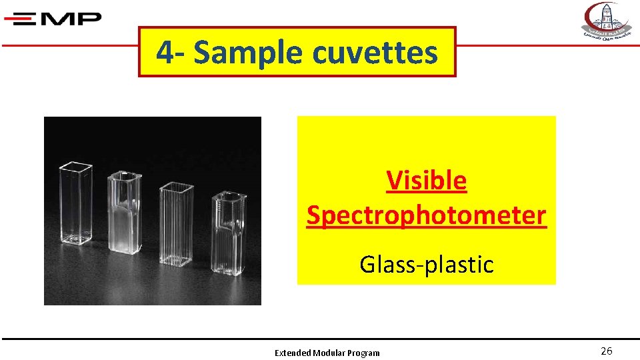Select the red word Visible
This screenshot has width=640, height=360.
[x=426, y=181]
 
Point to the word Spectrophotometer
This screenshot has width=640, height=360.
[x=426, y=215]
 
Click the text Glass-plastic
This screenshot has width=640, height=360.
[x=426, y=265]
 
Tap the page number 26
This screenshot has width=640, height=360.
[x=606, y=351]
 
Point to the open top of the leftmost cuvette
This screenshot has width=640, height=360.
[x=77, y=165]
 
